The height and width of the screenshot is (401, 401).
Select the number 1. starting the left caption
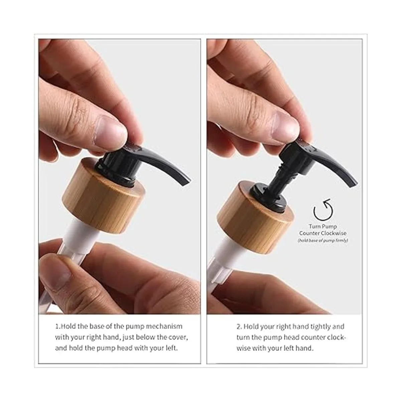point(57,326)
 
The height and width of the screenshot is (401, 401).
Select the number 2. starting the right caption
point(239,326)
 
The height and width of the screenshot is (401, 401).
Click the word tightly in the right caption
point(320,327)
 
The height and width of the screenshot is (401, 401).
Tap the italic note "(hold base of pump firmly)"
point(323,241)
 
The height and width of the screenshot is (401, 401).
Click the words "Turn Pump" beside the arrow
point(323,227)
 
